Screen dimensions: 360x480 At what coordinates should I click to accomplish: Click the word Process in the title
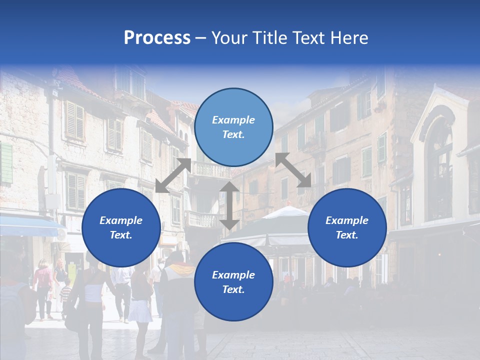(157, 38)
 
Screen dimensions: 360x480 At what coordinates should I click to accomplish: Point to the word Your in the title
(229, 38)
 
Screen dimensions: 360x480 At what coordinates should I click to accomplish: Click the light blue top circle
(233, 127)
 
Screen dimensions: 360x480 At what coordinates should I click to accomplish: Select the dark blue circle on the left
(121, 227)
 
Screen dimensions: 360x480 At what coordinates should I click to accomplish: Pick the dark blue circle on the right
(347, 227)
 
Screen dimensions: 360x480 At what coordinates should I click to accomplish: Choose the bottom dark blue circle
(233, 281)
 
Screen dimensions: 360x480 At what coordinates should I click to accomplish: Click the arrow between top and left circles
(173, 175)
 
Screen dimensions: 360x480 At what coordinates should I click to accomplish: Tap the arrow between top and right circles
(293, 170)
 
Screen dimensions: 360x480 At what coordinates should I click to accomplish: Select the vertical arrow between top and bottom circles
(229, 205)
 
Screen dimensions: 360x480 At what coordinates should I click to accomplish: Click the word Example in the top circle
(233, 120)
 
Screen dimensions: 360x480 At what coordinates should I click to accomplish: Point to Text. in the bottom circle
(233, 289)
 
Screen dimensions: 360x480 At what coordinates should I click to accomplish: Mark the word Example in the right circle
(347, 220)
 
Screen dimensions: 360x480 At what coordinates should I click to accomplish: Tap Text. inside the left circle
(121, 235)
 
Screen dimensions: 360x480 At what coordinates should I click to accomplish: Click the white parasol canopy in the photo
(285, 212)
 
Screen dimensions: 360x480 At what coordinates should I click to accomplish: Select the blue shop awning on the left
(27, 226)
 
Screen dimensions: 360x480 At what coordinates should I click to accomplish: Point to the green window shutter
(6, 163)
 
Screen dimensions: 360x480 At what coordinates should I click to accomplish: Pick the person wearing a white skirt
(140, 305)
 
